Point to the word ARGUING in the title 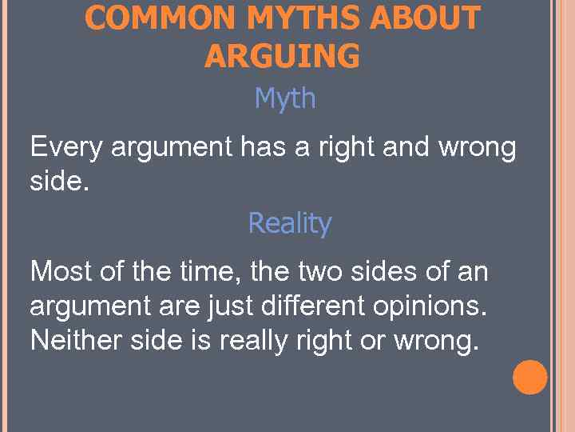(x=282, y=56)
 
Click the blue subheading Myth (x=285, y=99)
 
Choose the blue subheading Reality (x=289, y=223)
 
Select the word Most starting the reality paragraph (x=62, y=272)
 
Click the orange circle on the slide (x=529, y=378)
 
